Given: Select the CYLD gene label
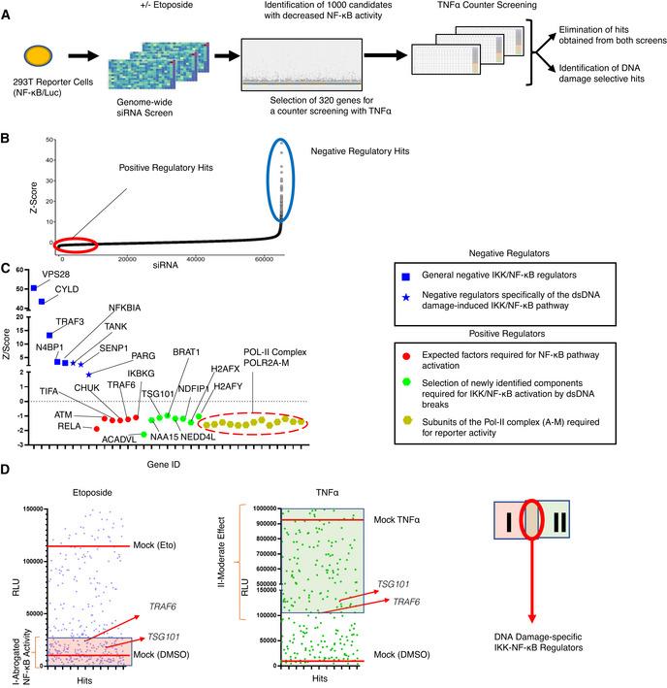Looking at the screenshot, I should (x=63, y=290).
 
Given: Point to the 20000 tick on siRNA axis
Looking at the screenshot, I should (x=127, y=257).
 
